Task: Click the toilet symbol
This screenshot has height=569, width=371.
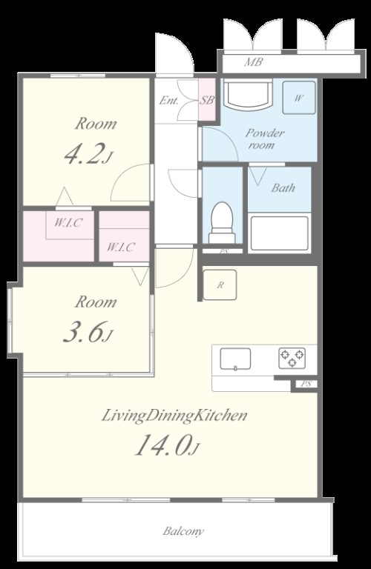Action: point(222,222)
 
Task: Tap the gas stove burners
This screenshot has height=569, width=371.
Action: point(292,358)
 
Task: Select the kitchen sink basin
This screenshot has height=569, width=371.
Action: point(235,359)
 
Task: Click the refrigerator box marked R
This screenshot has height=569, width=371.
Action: point(220,284)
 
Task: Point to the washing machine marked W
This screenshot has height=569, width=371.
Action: point(299,98)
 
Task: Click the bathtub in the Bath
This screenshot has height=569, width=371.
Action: point(280,233)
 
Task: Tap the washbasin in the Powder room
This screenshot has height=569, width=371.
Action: point(248,93)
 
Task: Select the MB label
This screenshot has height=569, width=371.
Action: point(253,62)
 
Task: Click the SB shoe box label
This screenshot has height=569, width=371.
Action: point(207,100)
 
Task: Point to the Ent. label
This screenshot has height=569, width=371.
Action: point(168,101)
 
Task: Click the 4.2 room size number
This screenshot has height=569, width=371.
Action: point(85,153)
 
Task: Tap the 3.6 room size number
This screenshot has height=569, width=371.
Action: point(85,332)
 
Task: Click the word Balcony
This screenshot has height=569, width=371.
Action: point(183,532)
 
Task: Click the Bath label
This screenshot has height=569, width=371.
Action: point(283,188)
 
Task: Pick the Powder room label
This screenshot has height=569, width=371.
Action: point(265,139)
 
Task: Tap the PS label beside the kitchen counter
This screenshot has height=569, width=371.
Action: point(306,385)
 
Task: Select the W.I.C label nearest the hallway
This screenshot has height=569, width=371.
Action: point(121,247)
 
